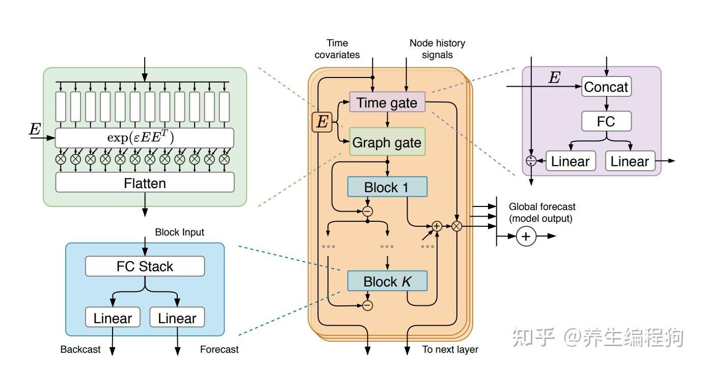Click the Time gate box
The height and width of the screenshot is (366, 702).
pos(387,103)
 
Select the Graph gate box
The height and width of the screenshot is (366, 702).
pos(387,142)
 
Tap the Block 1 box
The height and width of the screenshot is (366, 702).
pos(387,187)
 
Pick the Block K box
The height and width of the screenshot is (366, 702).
pos(387,281)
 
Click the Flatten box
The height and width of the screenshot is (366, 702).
pos(145,182)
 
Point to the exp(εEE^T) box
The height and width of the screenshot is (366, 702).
pos(145,138)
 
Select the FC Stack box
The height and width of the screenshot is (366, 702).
pos(145,266)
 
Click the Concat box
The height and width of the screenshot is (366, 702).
pos(606,87)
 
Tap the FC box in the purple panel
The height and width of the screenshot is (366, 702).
pos(606,121)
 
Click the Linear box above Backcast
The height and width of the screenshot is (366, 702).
pos(113,318)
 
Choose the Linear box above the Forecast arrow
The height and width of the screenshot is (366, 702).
pos(177,318)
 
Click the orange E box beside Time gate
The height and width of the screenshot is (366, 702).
pos(322,122)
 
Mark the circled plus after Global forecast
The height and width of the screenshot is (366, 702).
pos(526,237)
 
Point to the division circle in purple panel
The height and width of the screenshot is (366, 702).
pos(531,161)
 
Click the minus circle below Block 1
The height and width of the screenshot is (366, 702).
pos(367,211)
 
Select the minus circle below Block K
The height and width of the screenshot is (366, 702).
pos(367,305)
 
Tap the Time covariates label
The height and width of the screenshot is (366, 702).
pos(337,49)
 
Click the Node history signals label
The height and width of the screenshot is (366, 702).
pos(437,49)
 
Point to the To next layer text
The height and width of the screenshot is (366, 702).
pos(450,349)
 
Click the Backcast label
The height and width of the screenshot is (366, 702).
pos(80,349)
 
